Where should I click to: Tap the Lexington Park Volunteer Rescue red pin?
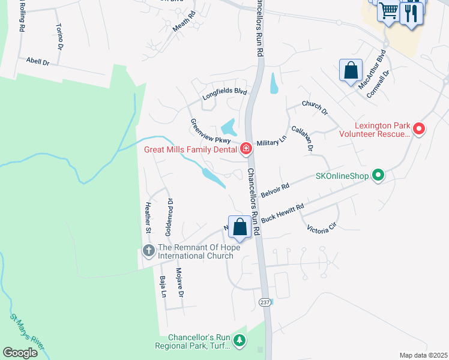click(420, 129)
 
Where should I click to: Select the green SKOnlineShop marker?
click(378, 176)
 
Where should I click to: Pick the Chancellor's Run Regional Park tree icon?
click(240, 341)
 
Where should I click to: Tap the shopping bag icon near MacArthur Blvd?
click(351, 71)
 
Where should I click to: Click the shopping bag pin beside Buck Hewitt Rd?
click(240, 227)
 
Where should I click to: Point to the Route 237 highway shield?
click(265, 302)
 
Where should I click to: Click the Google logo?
click(20, 352)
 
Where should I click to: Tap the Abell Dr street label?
click(37, 61)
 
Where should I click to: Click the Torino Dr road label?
click(59, 37)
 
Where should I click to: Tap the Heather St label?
click(146, 217)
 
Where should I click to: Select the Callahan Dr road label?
click(303, 139)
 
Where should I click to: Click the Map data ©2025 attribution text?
click(424, 355)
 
